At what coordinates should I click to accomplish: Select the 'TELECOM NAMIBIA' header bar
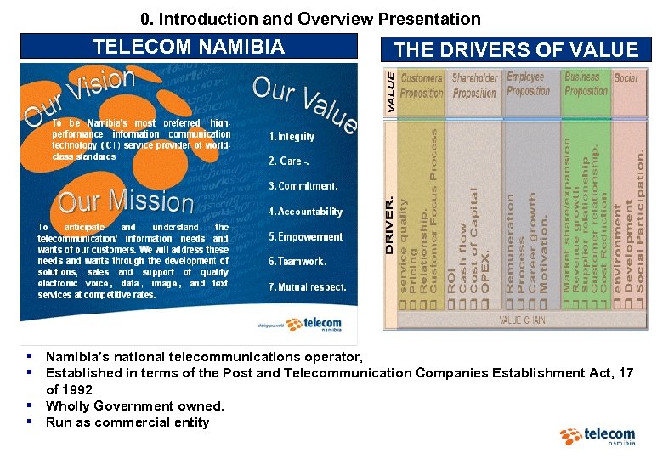click(x=189, y=47)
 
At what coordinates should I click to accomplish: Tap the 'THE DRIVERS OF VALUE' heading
click(x=516, y=50)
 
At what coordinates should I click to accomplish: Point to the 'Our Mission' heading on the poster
click(x=126, y=201)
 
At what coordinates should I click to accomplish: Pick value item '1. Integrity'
click(x=292, y=137)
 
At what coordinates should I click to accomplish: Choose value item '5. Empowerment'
click(x=305, y=237)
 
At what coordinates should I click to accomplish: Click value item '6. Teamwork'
click(x=297, y=262)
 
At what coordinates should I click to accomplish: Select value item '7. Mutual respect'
click(x=307, y=287)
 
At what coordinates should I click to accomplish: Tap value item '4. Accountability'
click(x=306, y=212)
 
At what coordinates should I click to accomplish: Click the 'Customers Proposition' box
click(x=422, y=86)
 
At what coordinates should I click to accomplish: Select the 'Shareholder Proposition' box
click(x=474, y=86)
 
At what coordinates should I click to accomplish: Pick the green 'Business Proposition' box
click(x=586, y=84)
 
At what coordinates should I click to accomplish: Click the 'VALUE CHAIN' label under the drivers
click(x=522, y=320)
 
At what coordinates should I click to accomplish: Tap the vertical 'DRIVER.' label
click(x=390, y=226)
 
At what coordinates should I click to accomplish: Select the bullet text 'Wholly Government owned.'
click(x=134, y=405)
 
